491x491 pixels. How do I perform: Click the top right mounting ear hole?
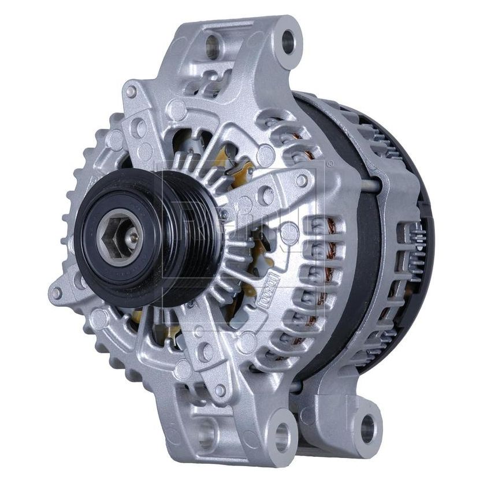tap(287, 42)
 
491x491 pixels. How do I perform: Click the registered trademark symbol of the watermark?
tap(329, 164)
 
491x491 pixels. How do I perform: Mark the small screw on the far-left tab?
tap(56, 293)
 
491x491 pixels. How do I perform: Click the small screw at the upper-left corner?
tap(132, 91)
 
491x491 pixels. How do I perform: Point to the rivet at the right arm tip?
tap(301, 180)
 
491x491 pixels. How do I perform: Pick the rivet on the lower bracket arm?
tap(219, 390)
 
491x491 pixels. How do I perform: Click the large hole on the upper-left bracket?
tap(139, 128)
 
